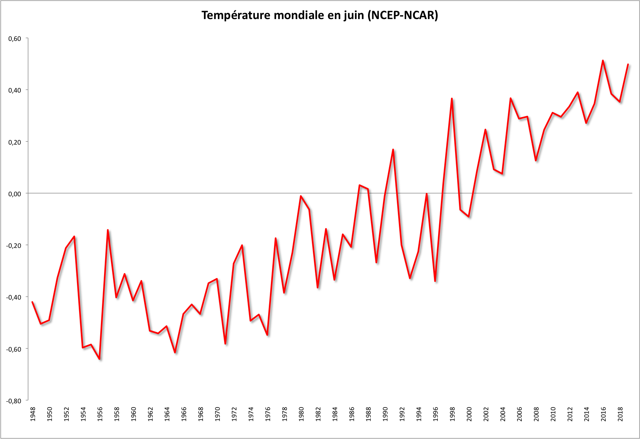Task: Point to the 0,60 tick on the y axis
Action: pos(15,38)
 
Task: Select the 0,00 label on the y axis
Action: pos(15,193)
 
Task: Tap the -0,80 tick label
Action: pos(14,401)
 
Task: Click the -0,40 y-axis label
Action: pos(14,297)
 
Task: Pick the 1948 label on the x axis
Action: pos(33,414)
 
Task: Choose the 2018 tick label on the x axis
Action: pos(620,414)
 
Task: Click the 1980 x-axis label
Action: pos(301,414)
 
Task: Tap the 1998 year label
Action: pos(452,414)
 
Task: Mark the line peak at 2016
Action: pos(603,61)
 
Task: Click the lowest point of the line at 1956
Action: pos(100,359)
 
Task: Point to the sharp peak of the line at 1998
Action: pos(452,98)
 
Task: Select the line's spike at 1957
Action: pos(108,230)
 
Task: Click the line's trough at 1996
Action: pos(435,281)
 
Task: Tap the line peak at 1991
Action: pos(393,149)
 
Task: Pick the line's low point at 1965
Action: pos(175,353)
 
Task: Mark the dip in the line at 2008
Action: pos(536,161)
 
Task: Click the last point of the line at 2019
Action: pos(628,64)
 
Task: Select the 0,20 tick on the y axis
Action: pos(15,142)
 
